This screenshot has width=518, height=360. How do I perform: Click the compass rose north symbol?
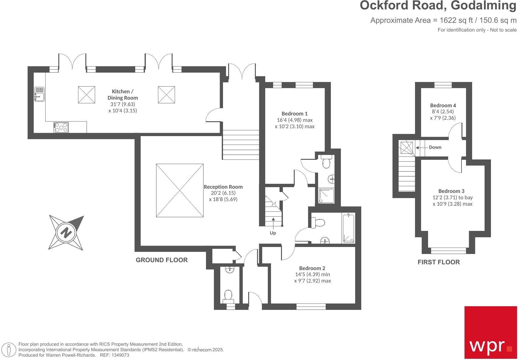click(66, 233)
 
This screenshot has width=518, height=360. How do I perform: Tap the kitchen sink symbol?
click(39, 94)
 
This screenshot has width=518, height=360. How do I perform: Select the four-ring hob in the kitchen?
click(61, 127)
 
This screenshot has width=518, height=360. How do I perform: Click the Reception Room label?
click(223, 187)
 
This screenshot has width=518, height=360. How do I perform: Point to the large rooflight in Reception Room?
click(180, 190)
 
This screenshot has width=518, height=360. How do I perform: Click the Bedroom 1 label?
click(294, 114)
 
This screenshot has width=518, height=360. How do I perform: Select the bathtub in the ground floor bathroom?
click(348, 228)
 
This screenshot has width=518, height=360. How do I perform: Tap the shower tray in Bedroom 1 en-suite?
click(326, 196)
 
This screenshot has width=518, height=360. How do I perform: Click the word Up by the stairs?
click(273, 233)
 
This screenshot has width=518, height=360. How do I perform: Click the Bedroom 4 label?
click(443, 105)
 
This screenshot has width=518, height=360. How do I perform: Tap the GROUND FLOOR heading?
click(162, 260)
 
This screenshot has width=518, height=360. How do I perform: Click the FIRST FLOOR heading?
click(438, 262)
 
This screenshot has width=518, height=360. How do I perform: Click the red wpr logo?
click(490, 332)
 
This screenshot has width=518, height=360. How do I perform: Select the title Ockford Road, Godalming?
click(438, 6)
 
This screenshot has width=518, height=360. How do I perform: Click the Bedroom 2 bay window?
click(311, 307)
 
